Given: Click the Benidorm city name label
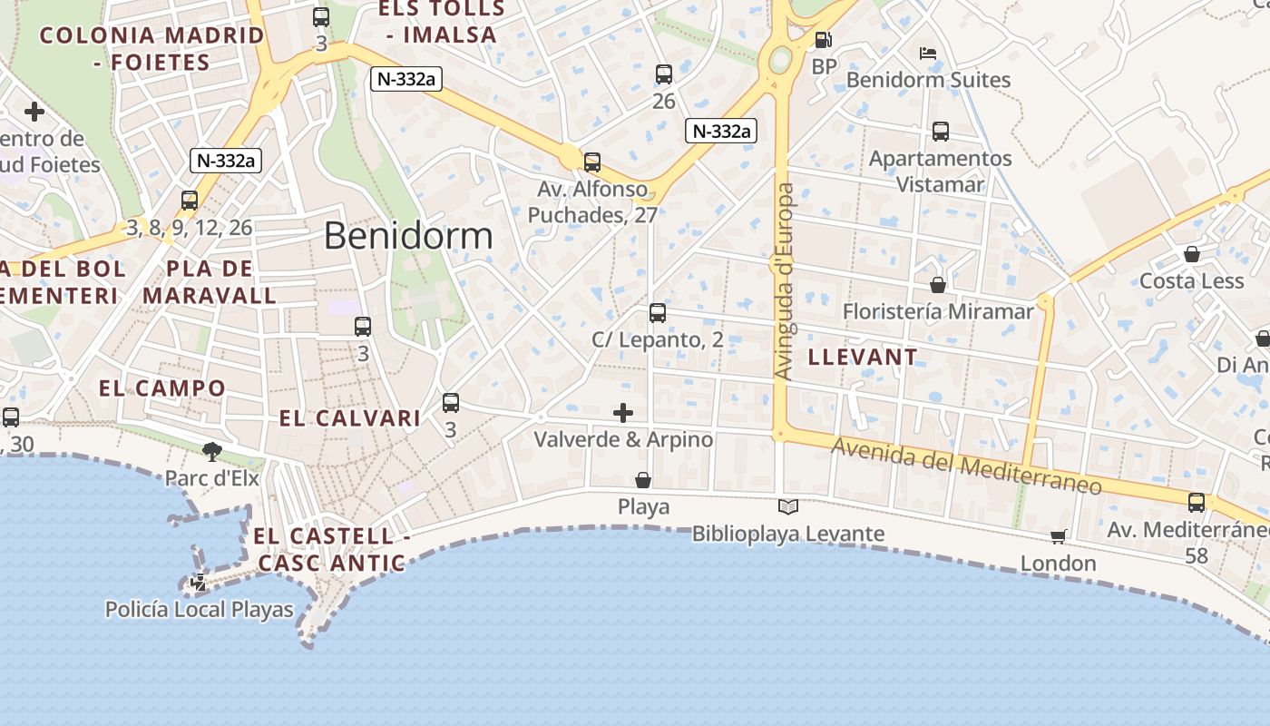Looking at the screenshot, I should [408, 236].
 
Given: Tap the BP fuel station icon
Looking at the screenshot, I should [823, 40].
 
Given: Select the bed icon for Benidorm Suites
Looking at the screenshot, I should [928, 54].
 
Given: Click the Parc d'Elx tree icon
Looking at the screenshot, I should [212, 451].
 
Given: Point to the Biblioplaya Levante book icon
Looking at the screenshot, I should [788, 507].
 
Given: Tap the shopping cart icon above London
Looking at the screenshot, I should [1058, 537].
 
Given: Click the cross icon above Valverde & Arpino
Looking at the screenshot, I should [623, 413].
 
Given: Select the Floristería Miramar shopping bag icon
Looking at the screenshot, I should [938, 285].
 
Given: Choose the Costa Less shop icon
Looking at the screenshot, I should [1192, 254].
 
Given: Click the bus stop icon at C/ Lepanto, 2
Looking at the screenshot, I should [658, 313].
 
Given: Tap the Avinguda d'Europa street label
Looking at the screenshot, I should [785, 281].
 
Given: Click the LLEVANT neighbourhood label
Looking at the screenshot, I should [863, 357].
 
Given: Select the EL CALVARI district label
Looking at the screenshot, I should [350, 418].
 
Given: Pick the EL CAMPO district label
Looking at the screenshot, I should [162, 388].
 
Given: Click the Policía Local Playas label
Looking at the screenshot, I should [200, 609].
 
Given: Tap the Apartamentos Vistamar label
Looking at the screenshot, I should [940, 172].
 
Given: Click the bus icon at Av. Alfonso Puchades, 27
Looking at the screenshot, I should [592, 162].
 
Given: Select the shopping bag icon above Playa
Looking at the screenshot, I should [643, 480].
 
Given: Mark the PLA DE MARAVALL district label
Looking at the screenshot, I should [210, 282].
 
